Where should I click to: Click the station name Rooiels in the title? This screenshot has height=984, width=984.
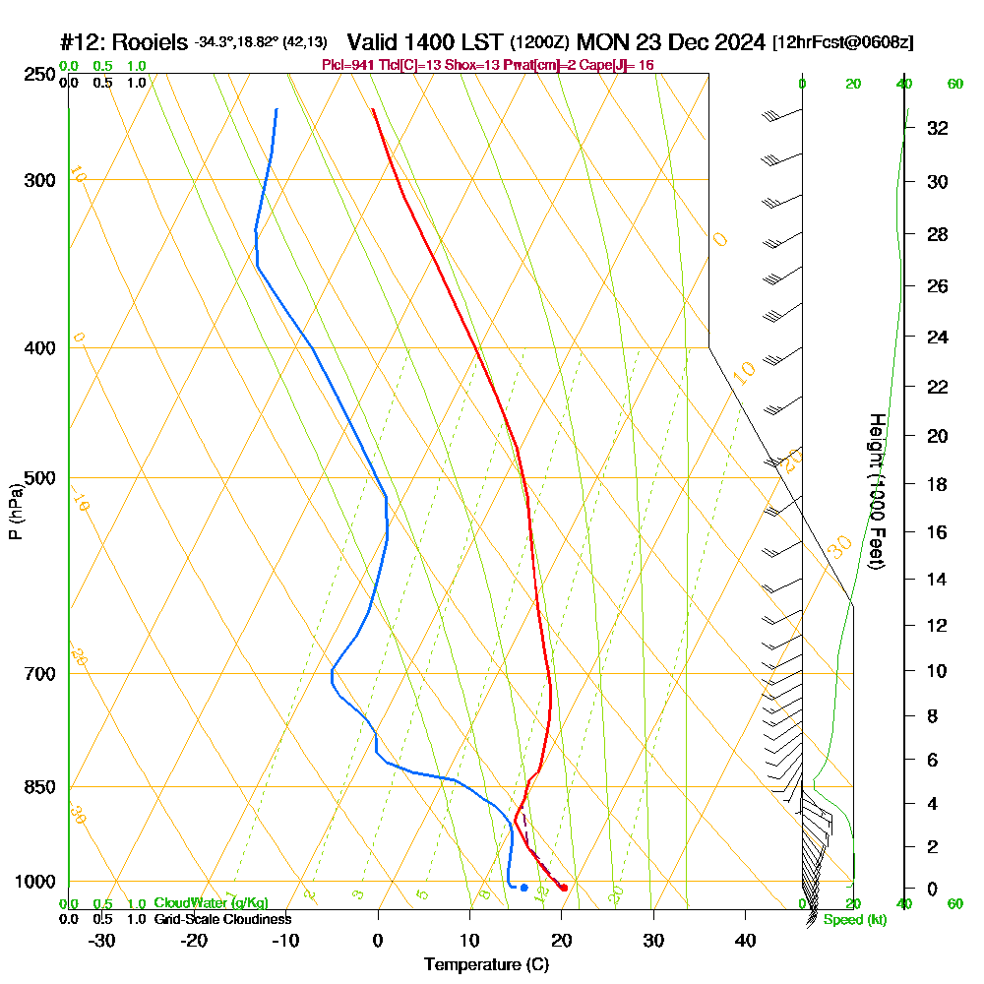[150, 42]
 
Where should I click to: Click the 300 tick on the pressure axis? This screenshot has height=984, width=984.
[39, 180]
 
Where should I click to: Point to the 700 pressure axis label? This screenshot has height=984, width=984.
[39, 674]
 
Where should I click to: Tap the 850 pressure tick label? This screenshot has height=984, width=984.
[39, 787]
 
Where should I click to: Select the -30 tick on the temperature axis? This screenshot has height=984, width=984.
[102, 940]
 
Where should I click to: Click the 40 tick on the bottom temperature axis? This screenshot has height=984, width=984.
[745, 940]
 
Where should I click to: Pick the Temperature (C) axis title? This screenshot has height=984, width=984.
[486, 965]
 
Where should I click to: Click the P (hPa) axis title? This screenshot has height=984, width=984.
[15, 512]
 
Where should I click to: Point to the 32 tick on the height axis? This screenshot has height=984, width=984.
[937, 128]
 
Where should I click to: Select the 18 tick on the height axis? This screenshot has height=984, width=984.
[937, 484]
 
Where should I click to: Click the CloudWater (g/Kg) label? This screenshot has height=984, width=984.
[211, 903]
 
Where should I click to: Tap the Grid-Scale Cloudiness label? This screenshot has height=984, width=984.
[221, 919]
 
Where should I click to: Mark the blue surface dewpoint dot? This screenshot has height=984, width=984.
[523, 888]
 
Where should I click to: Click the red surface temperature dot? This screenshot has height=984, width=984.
[563, 888]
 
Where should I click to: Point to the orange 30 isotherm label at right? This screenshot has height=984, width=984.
[839, 547]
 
